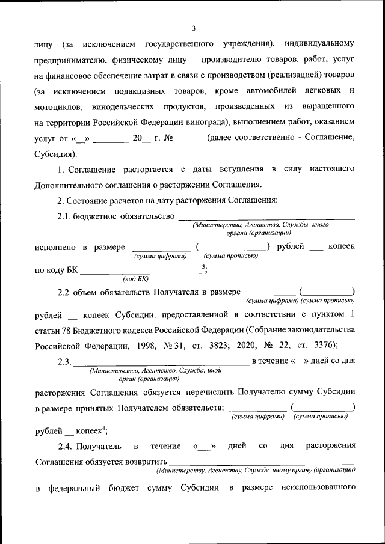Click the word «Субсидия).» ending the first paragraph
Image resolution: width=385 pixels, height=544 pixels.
[x=55, y=153]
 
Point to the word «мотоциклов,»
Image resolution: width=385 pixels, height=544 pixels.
[x=60, y=106]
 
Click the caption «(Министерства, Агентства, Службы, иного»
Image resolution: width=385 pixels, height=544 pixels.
[x=260, y=224]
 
